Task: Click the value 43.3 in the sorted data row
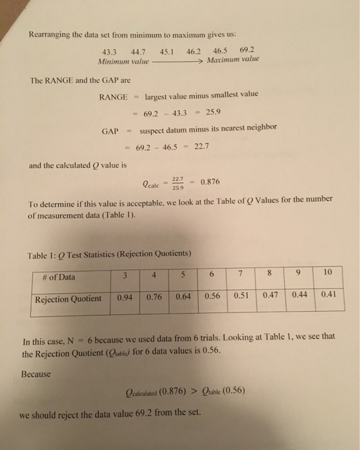(x=111, y=53)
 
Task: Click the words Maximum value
(x=233, y=60)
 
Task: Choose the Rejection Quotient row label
(x=68, y=299)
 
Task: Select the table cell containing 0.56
(x=212, y=296)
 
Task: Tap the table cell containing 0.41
(x=328, y=294)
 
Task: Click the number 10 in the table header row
(x=328, y=272)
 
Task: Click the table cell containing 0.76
(x=154, y=298)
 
